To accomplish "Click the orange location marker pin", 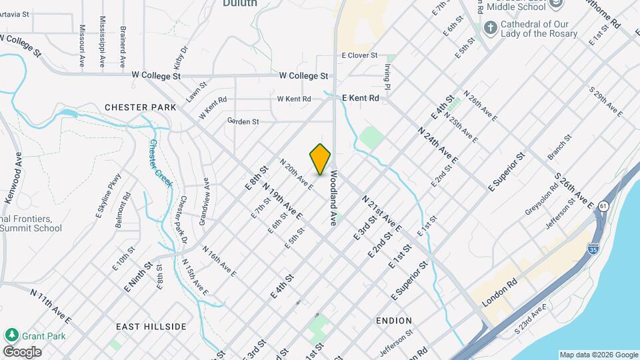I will [320, 159].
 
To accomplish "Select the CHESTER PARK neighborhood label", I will [140, 107].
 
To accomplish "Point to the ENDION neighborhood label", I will [394, 321].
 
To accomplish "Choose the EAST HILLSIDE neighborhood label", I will [151, 327].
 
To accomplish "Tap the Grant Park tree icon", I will [11, 335].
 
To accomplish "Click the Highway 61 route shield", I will [604, 207].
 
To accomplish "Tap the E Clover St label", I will [359, 56].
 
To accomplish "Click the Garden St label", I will [243, 121].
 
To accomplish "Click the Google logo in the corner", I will [22, 352].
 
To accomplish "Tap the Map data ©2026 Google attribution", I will [598, 355].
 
